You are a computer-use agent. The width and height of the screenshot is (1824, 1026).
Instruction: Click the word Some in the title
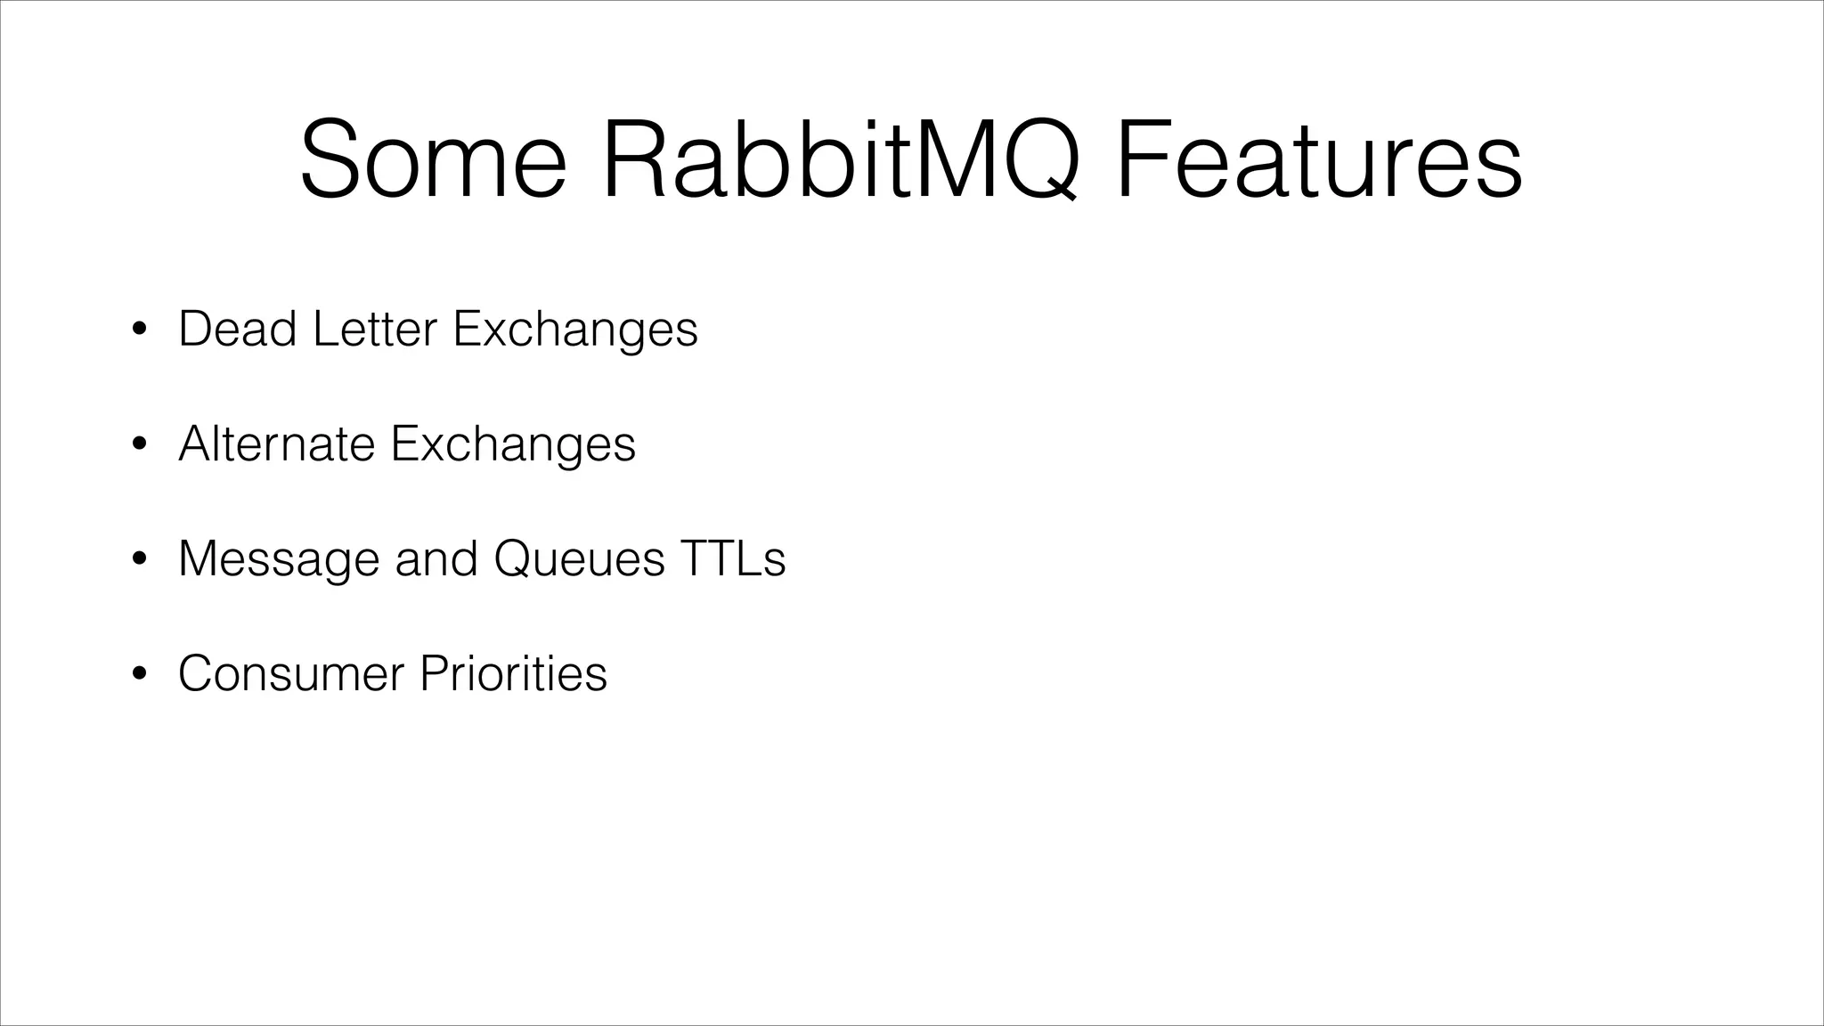[434, 161]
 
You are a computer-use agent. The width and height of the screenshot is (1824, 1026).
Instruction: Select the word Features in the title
[1318, 161]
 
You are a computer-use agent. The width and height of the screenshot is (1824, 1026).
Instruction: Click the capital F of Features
[1143, 161]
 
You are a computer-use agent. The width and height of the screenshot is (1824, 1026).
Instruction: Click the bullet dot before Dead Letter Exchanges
[138, 330]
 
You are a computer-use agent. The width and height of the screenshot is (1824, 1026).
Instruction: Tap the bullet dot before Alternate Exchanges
[138, 444]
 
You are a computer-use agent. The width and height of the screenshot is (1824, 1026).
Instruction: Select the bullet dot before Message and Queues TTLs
[138, 559]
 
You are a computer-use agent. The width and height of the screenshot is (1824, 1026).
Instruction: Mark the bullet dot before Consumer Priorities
[138, 674]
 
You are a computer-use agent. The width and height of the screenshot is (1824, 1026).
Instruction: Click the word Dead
[237, 329]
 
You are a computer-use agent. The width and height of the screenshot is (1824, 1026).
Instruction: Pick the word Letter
[375, 329]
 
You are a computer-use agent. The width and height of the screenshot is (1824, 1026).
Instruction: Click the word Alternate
[277, 444]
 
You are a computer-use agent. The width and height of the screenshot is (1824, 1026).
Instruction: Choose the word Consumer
[291, 673]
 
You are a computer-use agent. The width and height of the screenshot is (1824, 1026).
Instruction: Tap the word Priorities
[513, 673]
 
